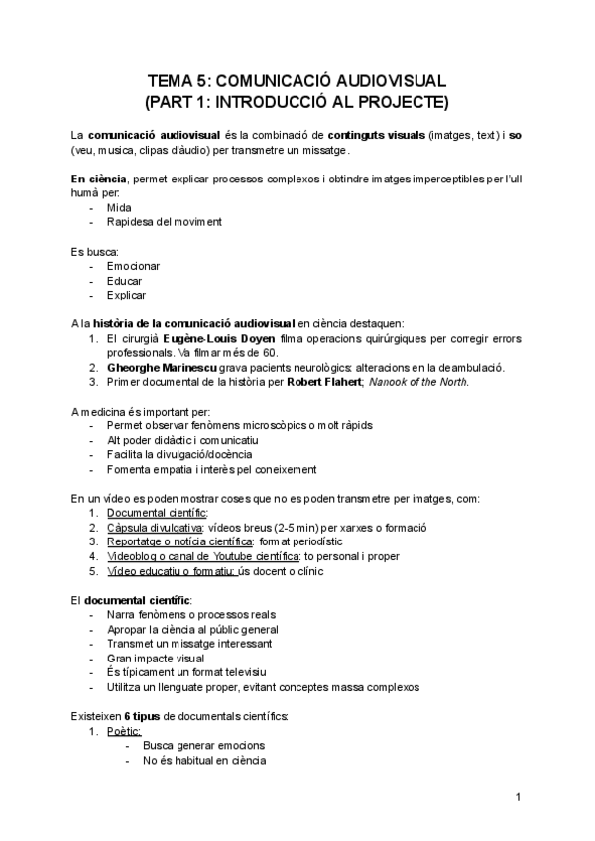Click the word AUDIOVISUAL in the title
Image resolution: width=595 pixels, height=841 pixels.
pos(378,80)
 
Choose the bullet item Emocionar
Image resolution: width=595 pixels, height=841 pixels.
pos(133,266)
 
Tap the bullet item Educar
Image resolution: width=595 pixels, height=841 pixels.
pos(124,281)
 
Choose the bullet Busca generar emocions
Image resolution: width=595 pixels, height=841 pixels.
pos(203,746)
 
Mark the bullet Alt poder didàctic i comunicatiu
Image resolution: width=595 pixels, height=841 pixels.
pos(182,439)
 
